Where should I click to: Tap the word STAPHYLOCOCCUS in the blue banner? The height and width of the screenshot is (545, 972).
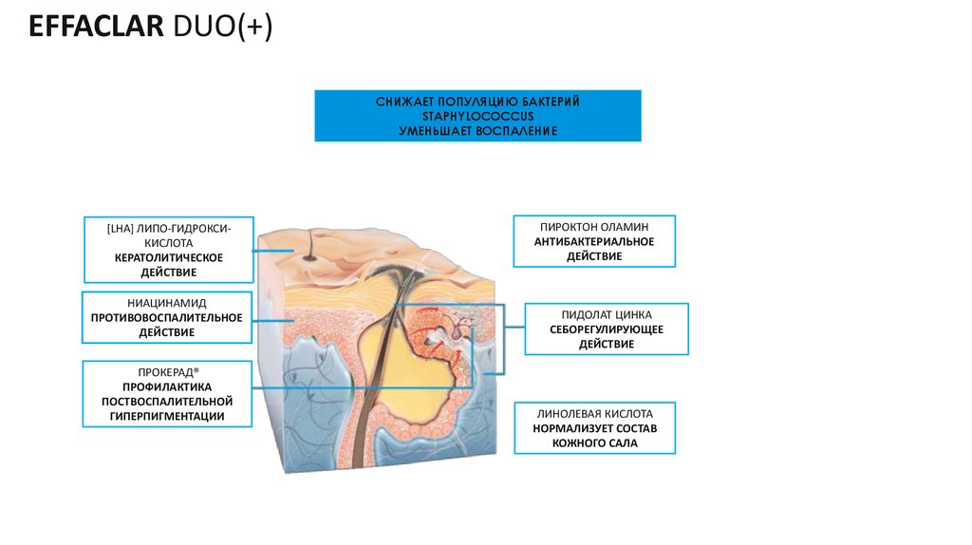[478, 115]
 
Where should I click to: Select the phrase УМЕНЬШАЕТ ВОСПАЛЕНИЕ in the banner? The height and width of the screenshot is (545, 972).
[478, 129]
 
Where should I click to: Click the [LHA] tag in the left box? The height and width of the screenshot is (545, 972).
[121, 228]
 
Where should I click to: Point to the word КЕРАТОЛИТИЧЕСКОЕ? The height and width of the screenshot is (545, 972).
[168, 257]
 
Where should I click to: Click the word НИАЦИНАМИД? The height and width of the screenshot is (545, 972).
[167, 303]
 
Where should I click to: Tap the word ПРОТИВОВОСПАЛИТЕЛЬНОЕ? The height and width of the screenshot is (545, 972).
[167, 317]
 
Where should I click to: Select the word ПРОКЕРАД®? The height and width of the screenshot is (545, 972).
[167, 372]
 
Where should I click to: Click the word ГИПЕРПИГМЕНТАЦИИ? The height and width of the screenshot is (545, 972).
[167, 416]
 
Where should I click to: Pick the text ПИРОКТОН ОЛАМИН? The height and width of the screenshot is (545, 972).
[594, 228]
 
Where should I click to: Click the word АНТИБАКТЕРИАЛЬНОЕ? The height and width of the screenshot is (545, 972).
[594, 242]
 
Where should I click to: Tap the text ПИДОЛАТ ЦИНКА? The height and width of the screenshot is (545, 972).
[607, 314]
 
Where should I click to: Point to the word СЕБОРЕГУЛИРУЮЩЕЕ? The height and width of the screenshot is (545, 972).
[607, 329]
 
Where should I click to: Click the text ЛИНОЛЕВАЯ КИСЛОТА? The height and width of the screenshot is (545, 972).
[594, 414]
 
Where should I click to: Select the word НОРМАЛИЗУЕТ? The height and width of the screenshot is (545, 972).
[567, 429]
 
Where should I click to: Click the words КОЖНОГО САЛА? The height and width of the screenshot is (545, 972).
[594, 443]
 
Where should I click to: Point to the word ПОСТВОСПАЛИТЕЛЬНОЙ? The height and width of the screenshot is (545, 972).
[167, 402]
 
